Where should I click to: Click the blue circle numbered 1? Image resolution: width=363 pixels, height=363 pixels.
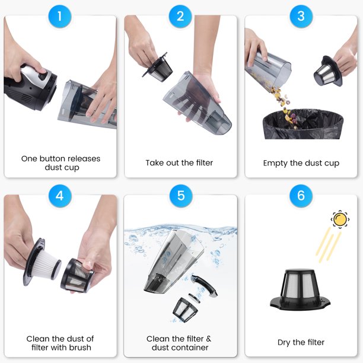(60, 17)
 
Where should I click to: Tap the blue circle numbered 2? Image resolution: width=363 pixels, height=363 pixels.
(180, 17)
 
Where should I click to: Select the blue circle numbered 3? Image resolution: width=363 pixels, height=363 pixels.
(301, 17)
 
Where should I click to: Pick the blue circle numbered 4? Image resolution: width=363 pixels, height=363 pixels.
(60, 196)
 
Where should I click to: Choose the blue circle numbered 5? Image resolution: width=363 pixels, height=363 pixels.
(181, 196)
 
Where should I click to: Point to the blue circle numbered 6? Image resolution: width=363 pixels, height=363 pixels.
(301, 196)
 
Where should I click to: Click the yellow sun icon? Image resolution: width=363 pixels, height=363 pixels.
(340, 219)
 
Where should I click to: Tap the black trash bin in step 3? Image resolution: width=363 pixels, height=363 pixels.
(303, 125)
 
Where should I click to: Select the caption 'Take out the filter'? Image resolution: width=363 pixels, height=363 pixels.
(179, 163)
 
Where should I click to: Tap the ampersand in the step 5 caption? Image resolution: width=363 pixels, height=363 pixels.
(208, 339)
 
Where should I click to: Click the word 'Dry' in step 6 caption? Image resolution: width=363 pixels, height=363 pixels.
(284, 343)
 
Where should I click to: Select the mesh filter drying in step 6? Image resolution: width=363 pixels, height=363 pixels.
(300, 289)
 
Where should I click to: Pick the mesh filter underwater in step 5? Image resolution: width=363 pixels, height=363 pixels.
(185, 310)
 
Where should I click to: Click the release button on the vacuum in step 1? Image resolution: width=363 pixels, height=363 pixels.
(43, 76)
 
